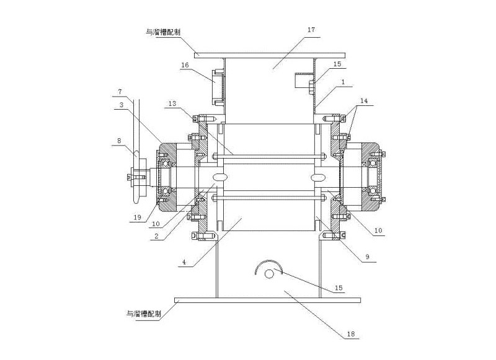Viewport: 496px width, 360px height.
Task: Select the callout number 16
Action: (185, 65)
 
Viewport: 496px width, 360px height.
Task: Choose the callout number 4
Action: (184, 263)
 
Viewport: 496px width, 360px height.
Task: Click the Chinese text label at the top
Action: (160, 30)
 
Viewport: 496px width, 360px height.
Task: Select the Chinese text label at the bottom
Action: (141, 314)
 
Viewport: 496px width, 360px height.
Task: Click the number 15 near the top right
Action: (337, 64)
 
